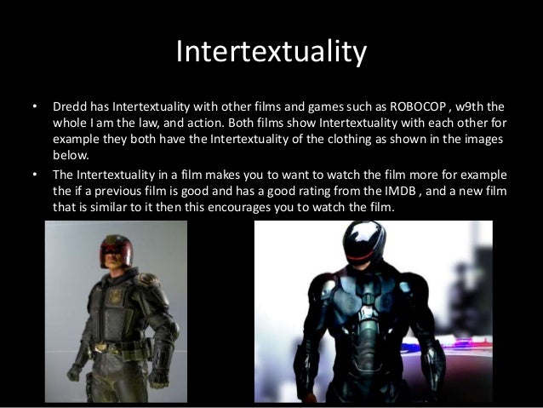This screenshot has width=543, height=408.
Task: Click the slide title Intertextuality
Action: coord(271,53)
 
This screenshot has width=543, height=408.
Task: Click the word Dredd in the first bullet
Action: coord(71,108)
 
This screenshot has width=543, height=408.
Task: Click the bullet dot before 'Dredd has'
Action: coord(34,108)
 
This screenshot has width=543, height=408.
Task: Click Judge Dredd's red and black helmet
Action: coord(116,249)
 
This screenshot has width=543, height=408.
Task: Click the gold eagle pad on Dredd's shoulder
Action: coord(148,279)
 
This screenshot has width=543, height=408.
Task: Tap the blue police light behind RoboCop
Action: coord(464,343)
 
